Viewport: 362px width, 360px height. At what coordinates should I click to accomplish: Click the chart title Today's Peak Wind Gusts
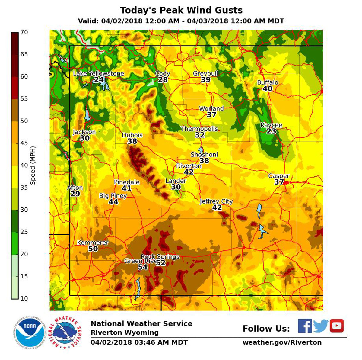(181, 10)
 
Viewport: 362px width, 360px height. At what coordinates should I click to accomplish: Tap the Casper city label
(279, 176)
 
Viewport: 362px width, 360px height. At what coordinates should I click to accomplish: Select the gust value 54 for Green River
(143, 267)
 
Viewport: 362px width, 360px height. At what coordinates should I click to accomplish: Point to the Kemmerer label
(93, 243)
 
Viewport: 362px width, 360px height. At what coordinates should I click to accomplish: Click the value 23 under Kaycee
(271, 131)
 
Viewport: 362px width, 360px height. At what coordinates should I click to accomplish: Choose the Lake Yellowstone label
(98, 73)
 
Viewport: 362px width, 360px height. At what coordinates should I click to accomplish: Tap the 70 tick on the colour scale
(24, 32)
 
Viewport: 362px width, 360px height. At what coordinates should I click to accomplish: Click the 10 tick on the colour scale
(24, 298)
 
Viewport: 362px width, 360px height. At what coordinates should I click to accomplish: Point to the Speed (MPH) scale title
(33, 165)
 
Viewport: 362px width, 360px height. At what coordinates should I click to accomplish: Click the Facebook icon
(305, 326)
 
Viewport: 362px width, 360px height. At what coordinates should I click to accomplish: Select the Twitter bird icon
(320, 326)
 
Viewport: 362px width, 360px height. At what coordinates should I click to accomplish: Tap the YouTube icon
(337, 326)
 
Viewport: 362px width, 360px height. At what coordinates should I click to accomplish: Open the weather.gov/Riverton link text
(282, 342)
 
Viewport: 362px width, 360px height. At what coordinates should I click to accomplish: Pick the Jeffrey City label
(216, 201)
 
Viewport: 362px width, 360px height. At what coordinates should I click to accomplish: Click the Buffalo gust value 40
(267, 89)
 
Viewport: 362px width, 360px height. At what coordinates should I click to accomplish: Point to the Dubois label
(132, 135)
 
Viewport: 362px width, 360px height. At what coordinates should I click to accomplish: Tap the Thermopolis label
(199, 129)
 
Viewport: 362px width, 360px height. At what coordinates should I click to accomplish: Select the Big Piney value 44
(113, 202)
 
